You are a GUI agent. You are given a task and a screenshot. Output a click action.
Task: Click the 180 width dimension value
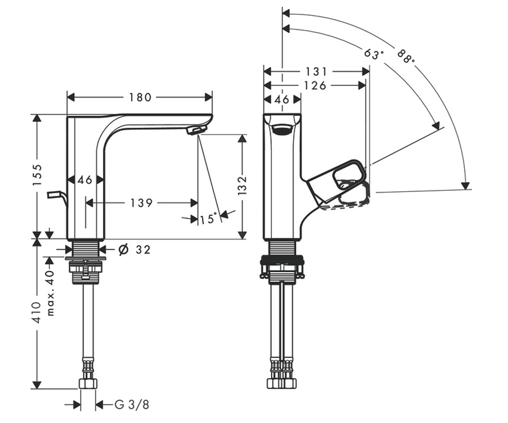[x=140, y=97]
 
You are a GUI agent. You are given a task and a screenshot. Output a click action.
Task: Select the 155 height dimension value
[x=37, y=175]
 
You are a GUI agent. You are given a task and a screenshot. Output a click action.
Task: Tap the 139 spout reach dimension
[x=141, y=203]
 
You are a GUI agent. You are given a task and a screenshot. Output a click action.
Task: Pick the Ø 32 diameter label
[x=135, y=250]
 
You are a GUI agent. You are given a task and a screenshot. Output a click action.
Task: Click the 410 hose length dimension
[x=37, y=313]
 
